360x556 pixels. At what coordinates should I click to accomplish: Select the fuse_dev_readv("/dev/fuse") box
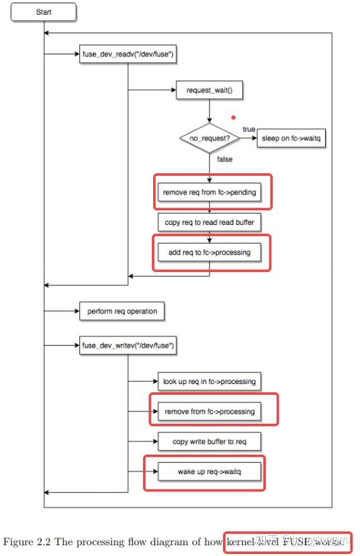(128, 55)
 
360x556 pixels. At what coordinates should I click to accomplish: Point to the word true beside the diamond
(249, 129)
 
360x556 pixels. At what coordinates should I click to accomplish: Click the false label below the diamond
(225, 160)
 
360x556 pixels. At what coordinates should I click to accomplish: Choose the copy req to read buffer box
(209, 222)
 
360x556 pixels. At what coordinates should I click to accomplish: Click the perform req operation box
(122, 312)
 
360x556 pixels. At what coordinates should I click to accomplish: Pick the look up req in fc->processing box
(209, 381)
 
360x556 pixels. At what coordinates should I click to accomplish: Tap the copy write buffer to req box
(208, 441)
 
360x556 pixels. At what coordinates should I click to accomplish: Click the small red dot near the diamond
(234, 117)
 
